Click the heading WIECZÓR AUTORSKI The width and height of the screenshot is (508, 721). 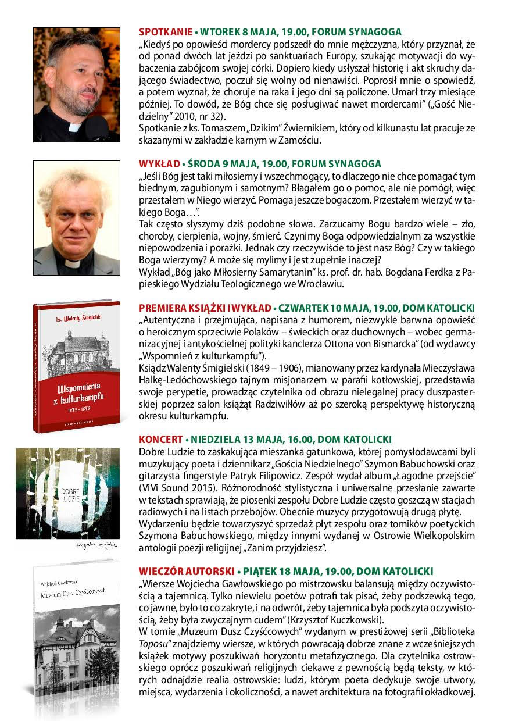(185, 572)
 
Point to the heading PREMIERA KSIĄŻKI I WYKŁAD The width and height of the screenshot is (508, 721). (205, 308)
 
